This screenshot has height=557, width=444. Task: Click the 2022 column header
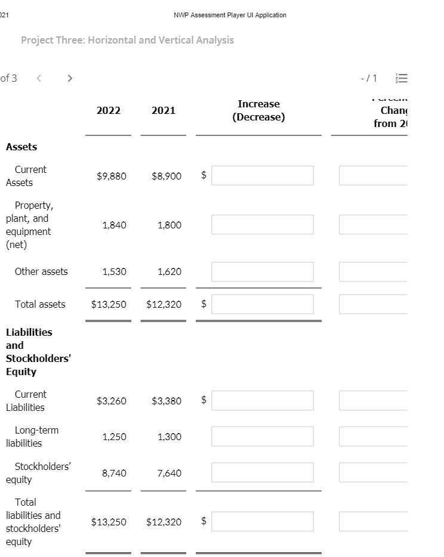pos(108,110)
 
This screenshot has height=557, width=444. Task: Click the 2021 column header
pos(164,110)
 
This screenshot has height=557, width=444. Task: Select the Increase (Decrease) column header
pos(258,110)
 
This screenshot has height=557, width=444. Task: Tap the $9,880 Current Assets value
pos(112,176)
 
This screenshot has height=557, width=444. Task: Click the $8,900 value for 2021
pos(166,176)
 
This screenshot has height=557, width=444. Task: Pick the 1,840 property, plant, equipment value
pos(114,225)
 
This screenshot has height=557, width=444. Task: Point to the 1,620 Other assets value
pos(169,271)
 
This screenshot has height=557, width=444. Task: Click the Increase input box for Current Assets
pos(262,175)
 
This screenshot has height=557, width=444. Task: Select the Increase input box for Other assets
pos(262,271)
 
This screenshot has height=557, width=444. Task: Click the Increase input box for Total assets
pos(262,304)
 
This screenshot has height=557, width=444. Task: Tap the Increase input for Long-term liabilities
pos(262,437)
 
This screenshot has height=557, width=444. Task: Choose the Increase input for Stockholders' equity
pos(262,473)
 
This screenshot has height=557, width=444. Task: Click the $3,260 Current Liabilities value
pos(112,401)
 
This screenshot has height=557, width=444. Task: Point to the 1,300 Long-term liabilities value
pos(169,437)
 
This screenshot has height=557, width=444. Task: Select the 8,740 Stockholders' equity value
pos(114,473)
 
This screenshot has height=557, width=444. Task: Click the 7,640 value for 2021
pos(169,473)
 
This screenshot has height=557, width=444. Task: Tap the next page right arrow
pos(70,78)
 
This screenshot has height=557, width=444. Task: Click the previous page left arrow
pos(39,78)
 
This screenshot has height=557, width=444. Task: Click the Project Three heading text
pos(127,40)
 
